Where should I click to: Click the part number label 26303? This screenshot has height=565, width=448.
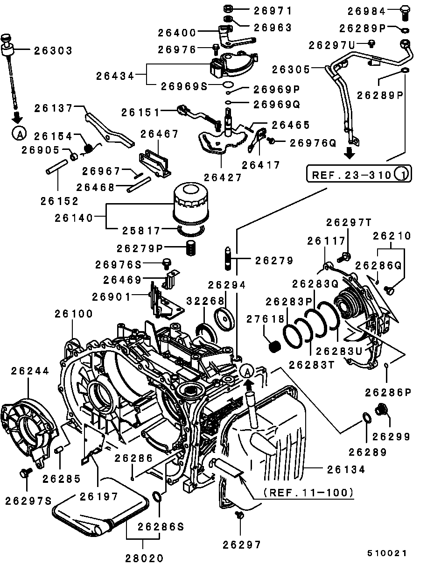53,50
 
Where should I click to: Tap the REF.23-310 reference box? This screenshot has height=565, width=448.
358,175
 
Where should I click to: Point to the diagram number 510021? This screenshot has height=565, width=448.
387,553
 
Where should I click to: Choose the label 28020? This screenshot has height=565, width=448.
144,558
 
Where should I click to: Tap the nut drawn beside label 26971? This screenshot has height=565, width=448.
228,9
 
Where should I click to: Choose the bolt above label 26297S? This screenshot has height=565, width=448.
24,473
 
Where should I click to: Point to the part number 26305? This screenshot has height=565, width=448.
291,69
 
